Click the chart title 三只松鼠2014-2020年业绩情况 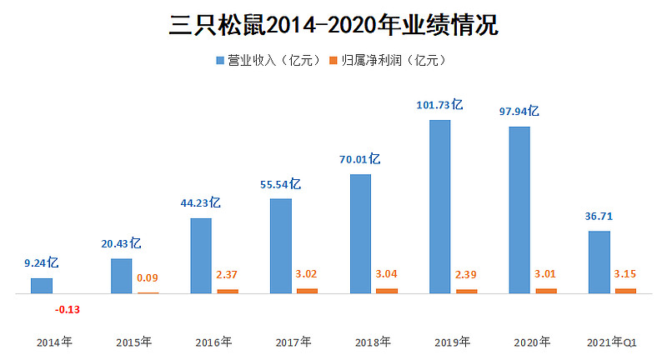pyautogui.click(x=333, y=25)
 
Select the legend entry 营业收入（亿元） pyautogui.click(x=268, y=61)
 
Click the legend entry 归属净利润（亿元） pyautogui.click(x=389, y=61)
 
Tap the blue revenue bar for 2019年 pyautogui.click(x=439, y=207)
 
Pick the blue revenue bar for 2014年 pyautogui.click(x=42, y=286)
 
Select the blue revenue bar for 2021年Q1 pyautogui.click(x=599, y=262)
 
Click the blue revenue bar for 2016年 pyautogui.click(x=201, y=256)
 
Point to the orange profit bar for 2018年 pyautogui.click(x=387, y=291)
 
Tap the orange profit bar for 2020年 pyautogui.click(x=546, y=291)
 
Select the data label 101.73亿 pyautogui.click(x=439, y=106)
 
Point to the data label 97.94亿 pyautogui.click(x=519, y=111)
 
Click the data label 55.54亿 pyautogui.click(x=281, y=184)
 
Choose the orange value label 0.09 pyautogui.click(x=148, y=277)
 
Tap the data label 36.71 pyautogui.click(x=599, y=217)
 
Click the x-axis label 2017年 pyautogui.click(x=293, y=342)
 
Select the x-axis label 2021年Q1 pyautogui.click(x=612, y=342)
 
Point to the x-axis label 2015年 pyautogui.click(x=134, y=342)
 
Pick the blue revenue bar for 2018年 pyautogui.click(x=360, y=233)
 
